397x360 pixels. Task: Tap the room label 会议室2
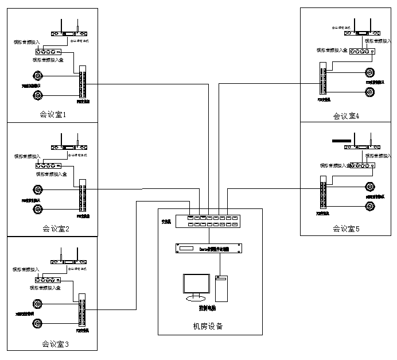pyautogui.click(x=56, y=229)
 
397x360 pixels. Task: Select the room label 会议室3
pyautogui.click(x=55, y=344)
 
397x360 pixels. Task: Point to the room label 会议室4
pyautogui.click(x=346, y=115)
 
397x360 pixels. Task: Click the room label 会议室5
pyautogui.click(x=346, y=229)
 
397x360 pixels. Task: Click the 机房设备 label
pyautogui.click(x=208, y=326)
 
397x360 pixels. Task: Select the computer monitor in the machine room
pyautogui.click(x=196, y=287)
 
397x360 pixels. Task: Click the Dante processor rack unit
pyautogui.click(x=210, y=249)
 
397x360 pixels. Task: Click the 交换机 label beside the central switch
pyautogui.click(x=167, y=221)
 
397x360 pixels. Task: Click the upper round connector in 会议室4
pyautogui.click(x=371, y=73)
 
